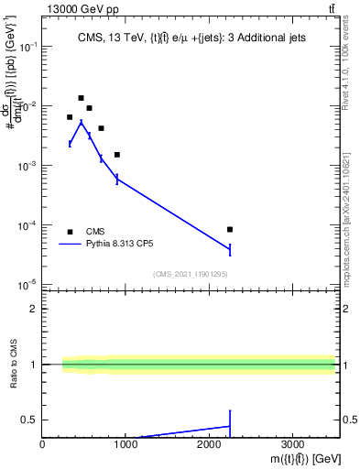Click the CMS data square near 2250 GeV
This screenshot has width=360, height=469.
[x=230, y=229]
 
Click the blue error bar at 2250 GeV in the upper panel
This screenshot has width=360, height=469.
[x=230, y=249]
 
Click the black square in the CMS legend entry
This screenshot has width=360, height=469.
[x=70, y=232]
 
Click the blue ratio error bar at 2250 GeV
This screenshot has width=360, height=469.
[x=230, y=424]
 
